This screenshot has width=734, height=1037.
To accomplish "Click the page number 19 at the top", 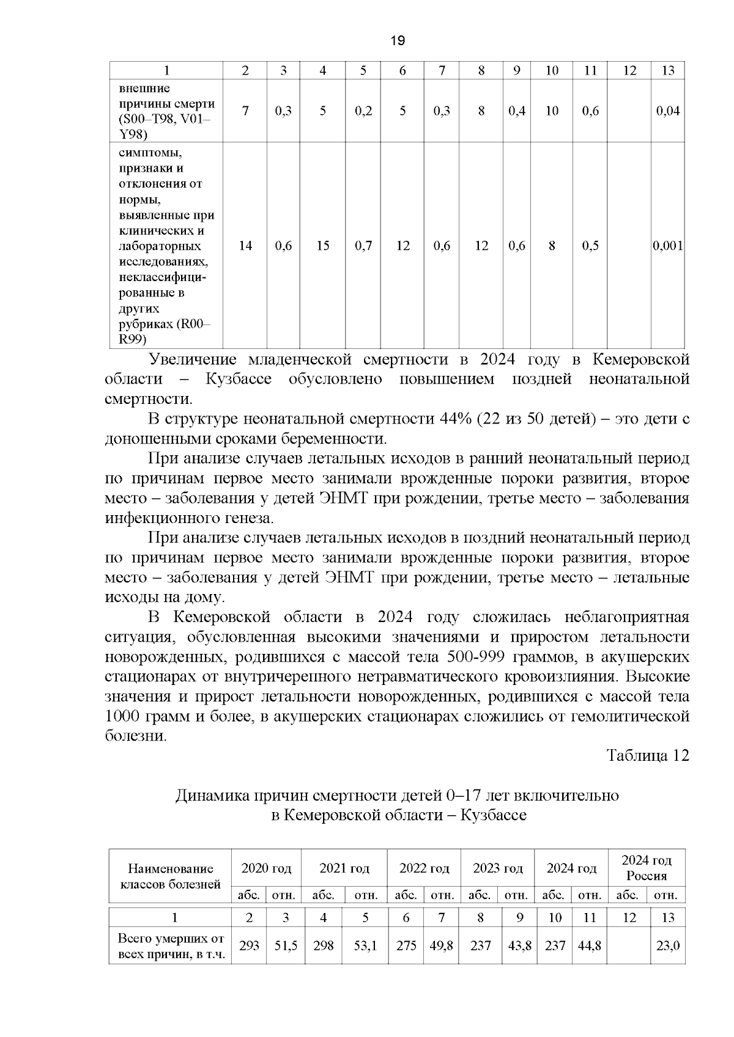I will click(x=397, y=41).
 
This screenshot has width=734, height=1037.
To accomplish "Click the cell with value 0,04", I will click(x=668, y=111).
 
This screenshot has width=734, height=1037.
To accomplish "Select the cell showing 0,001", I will click(x=668, y=246).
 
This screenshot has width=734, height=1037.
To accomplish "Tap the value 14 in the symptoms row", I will click(x=245, y=246).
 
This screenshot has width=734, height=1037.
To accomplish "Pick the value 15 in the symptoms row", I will click(x=323, y=246).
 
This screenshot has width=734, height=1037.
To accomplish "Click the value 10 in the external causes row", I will click(x=552, y=111).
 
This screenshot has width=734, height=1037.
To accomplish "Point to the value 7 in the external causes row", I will click(x=245, y=111).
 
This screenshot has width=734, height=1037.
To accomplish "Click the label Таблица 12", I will click(x=648, y=755).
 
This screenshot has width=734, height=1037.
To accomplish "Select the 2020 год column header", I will click(x=266, y=868).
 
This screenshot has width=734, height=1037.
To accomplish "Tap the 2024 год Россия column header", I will click(x=647, y=868).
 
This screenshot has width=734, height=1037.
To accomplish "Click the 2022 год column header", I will click(x=424, y=868).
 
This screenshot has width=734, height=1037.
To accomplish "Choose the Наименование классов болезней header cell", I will click(x=171, y=876).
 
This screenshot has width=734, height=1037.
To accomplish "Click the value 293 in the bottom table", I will click(x=249, y=946).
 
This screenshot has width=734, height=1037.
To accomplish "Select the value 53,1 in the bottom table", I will click(x=365, y=946).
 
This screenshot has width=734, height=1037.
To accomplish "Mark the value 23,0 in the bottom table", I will click(x=668, y=946).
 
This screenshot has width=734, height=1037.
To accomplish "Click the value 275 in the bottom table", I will click(x=406, y=946).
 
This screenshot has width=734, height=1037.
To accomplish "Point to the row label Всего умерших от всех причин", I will click(x=171, y=946).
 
